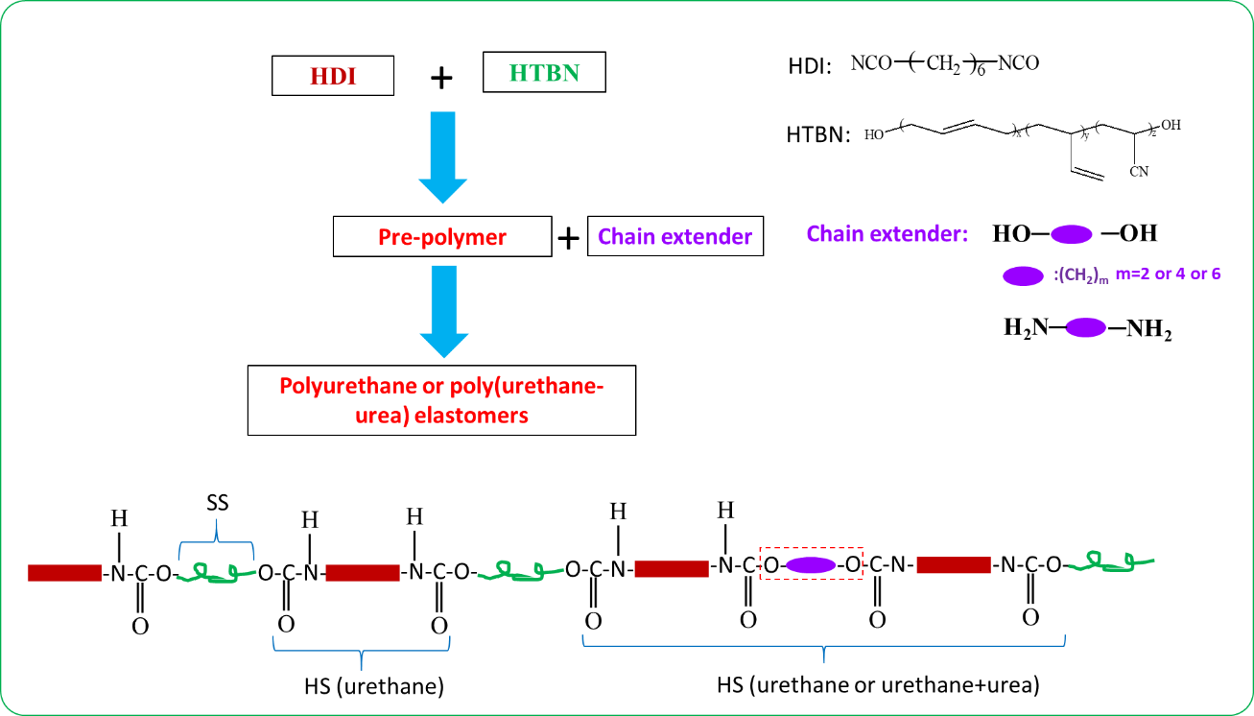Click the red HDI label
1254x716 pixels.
(333, 77)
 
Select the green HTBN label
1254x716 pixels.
(544, 73)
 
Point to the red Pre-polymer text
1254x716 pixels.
(441, 237)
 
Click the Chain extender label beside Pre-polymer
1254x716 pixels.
(674, 237)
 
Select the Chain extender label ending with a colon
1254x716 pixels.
(887, 234)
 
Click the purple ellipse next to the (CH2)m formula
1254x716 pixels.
(1023, 276)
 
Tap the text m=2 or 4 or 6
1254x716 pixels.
(1168, 274)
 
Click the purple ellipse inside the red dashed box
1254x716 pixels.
(811, 565)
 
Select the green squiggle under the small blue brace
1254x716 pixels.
(216, 573)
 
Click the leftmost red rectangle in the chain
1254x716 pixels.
(64, 573)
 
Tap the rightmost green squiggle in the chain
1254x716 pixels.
(1111, 562)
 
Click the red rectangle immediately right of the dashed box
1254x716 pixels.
(954, 565)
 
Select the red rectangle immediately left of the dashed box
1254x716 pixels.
(672, 569)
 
